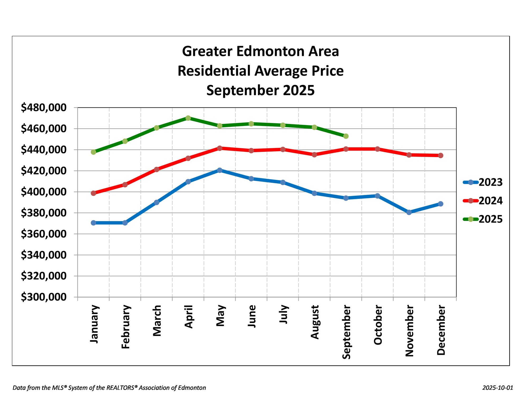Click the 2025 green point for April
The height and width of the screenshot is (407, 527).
[188, 118]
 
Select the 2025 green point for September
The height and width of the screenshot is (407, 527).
[346, 136]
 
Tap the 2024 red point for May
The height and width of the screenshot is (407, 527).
[219, 148]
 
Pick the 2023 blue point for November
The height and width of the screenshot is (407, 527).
[409, 212]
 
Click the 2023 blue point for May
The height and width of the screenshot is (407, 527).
[219, 170]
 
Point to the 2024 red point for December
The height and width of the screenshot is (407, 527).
[441, 155]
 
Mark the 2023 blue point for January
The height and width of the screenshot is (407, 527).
[93, 223]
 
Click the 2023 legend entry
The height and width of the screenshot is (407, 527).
[483, 182]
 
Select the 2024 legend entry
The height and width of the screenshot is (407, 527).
[483, 201]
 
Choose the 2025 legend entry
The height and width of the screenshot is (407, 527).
[483, 219]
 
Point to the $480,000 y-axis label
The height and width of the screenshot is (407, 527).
[44, 107]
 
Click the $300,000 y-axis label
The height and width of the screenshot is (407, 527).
[44, 297]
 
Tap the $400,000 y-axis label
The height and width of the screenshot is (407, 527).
[44, 192]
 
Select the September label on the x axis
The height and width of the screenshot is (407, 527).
[346, 332]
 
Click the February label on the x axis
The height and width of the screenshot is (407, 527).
[125, 327]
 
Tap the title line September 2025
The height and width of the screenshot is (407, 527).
[260, 90]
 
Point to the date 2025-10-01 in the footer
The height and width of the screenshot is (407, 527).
[498, 388]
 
